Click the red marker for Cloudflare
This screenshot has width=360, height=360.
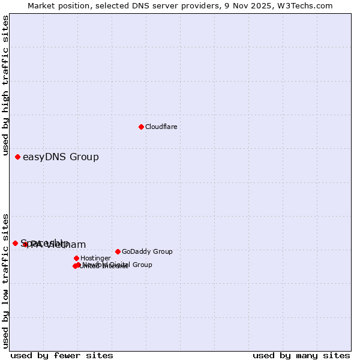(x=141, y=127)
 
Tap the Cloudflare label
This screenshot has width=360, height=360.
(x=161, y=127)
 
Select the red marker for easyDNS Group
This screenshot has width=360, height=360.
(x=17, y=157)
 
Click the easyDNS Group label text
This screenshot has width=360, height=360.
(x=61, y=157)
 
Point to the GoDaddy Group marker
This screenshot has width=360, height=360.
(x=118, y=251)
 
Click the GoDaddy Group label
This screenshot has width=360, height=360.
(x=147, y=251)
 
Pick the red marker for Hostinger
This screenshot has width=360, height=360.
(x=76, y=258)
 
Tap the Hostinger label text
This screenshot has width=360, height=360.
(x=95, y=258)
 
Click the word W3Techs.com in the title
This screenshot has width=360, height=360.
(x=306, y=5)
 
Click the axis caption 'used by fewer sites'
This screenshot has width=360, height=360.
(x=62, y=355)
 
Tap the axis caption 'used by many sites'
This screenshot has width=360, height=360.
(x=301, y=355)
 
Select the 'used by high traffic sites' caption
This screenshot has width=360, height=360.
(x=5, y=86)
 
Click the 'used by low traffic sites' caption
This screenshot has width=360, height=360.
(x=5, y=281)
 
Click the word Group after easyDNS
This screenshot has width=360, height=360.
(x=84, y=157)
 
